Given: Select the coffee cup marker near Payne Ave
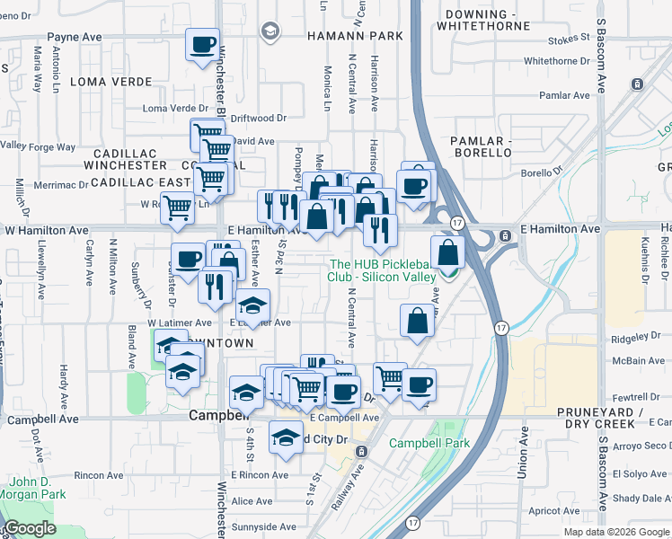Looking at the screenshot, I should [x=202, y=44].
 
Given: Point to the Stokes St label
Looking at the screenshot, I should [x=570, y=39].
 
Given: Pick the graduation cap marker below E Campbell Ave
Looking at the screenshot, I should [x=286, y=437].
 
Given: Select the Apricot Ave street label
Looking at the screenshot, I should [x=554, y=509].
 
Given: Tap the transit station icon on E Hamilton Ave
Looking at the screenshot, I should [x=506, y=235].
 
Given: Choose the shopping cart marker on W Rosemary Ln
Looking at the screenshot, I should [x=179, y=208].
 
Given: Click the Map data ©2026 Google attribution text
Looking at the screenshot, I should [x=615, y=532].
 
